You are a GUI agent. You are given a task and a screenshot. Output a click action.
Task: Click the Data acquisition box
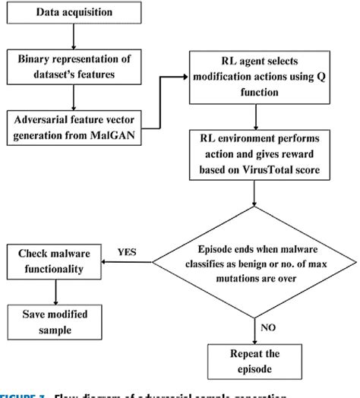(x=74, y=14)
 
